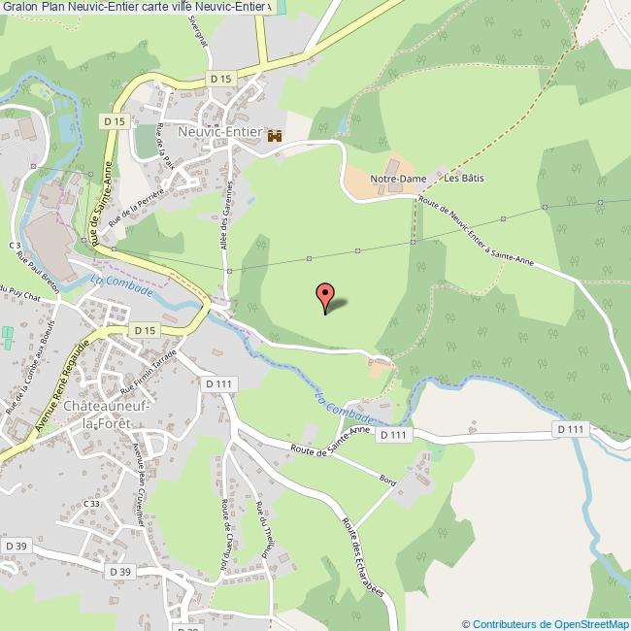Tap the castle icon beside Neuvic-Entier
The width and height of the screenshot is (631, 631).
tap(274, 136)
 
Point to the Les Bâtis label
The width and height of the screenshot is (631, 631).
tap(464, 180)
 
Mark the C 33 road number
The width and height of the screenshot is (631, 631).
tap(92, 504)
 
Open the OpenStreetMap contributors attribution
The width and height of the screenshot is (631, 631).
tap(546, 623)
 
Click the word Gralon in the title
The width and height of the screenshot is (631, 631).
tap(19, 7)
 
